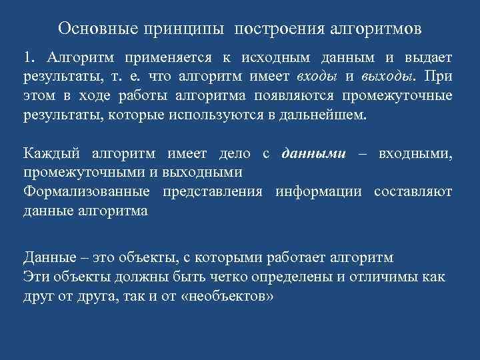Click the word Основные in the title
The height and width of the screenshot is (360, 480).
(95, 29)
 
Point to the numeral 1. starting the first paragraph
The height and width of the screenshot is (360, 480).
(30, 59)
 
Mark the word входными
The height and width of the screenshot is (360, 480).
(415, 154)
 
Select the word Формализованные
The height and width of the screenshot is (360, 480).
(84, 191)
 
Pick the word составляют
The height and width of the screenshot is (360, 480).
(413, 191)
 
